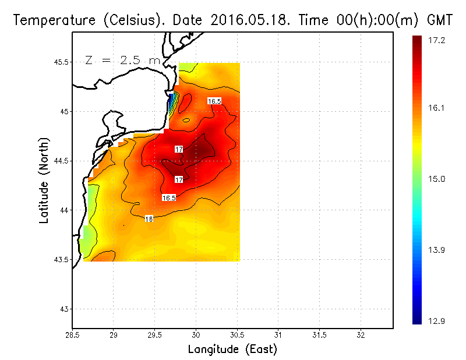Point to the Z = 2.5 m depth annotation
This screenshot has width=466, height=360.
click(122, 60)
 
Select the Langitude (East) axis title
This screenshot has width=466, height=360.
click(232, 350)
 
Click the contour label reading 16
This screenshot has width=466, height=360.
click(149, 219)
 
